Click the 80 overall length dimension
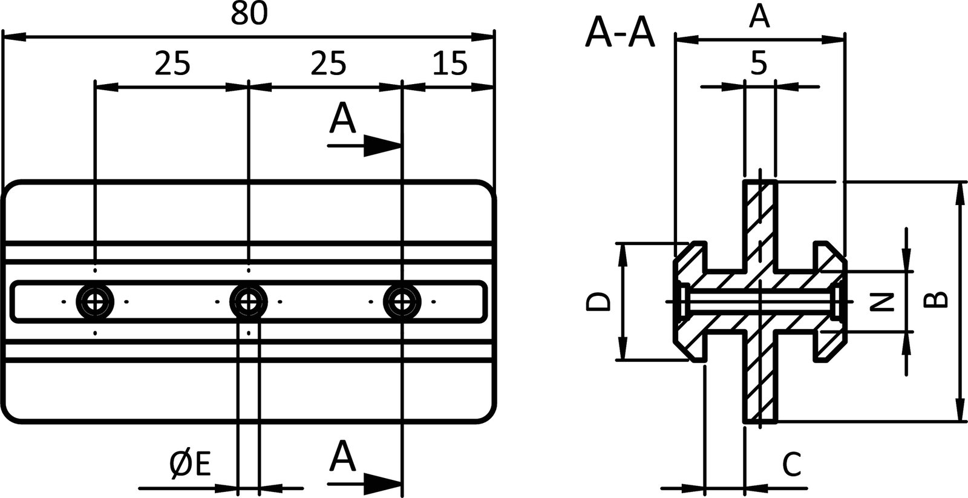point(249,14)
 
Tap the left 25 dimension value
point(172,63)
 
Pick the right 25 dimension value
point(328,63)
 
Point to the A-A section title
point(620,33)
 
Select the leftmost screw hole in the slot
point(95,301)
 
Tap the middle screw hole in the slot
point(248,301)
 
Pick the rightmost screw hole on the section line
point(402,301)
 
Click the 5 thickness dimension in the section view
point(759,62)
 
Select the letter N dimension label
point(886,301)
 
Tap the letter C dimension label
point(791,465)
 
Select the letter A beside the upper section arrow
point(342,119)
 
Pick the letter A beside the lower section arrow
point(342,457)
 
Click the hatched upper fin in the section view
point(760,224)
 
